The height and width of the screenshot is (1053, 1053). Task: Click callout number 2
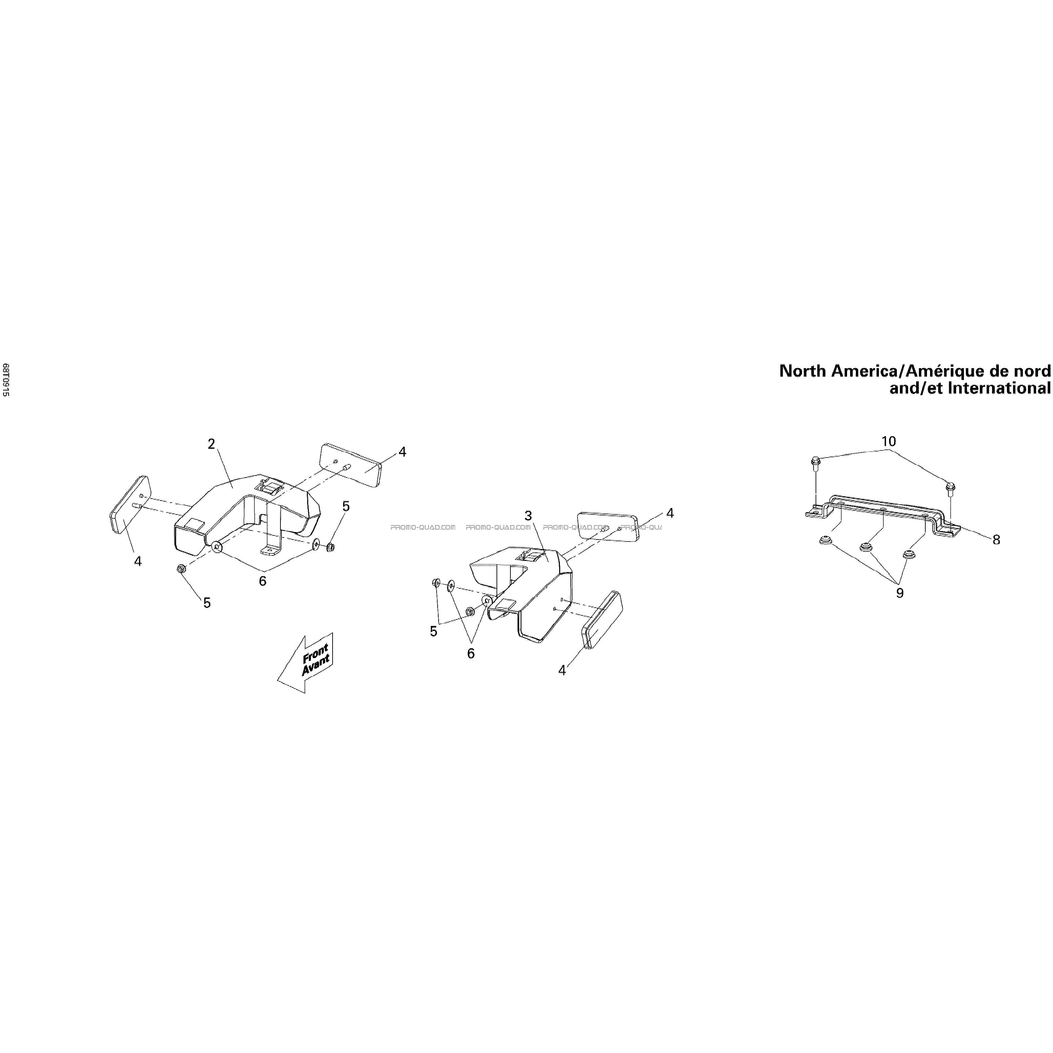pyautogui.click(x=211, y=444)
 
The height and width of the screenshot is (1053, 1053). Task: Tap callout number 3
pyautogui.click(x=528, y=515)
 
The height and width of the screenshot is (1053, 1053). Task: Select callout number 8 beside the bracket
pyautogui.click(x=996, y=540)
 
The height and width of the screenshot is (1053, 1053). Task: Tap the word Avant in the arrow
pyautogui.click(x=316, y=666)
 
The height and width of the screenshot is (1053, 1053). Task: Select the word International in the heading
pyautogui.click(x=999, y=388)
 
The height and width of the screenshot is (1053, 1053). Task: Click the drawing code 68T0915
pyautogui.click(x=6, y=380)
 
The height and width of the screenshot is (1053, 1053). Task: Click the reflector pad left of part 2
pyautogui.click(x=130, y=504)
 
